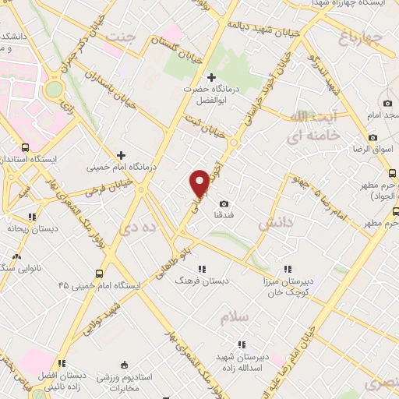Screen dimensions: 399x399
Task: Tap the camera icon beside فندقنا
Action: click(224, 203)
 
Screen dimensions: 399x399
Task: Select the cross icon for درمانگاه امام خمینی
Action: click(120, 156)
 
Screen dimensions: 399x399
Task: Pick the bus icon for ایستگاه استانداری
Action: click(26, 147)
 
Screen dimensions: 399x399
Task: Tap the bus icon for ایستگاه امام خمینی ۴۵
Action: click(99, 274)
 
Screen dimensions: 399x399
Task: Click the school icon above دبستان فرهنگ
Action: click(203, 269)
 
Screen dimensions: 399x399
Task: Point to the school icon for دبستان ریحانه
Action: click(32, 217)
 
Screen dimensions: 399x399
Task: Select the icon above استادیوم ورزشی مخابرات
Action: click(125, 365)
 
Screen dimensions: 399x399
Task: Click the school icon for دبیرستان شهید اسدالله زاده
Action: click(241, 344)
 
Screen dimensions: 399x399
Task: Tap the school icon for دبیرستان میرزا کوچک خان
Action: click(288, 269)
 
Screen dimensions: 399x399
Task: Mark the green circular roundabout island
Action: click(54, 90)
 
